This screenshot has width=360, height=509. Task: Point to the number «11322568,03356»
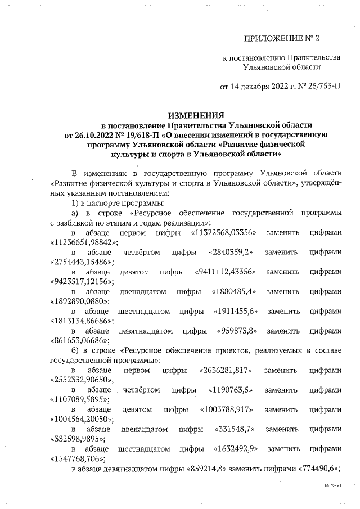pos(224,232)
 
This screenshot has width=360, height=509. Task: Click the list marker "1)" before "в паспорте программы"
pos(77,202)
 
